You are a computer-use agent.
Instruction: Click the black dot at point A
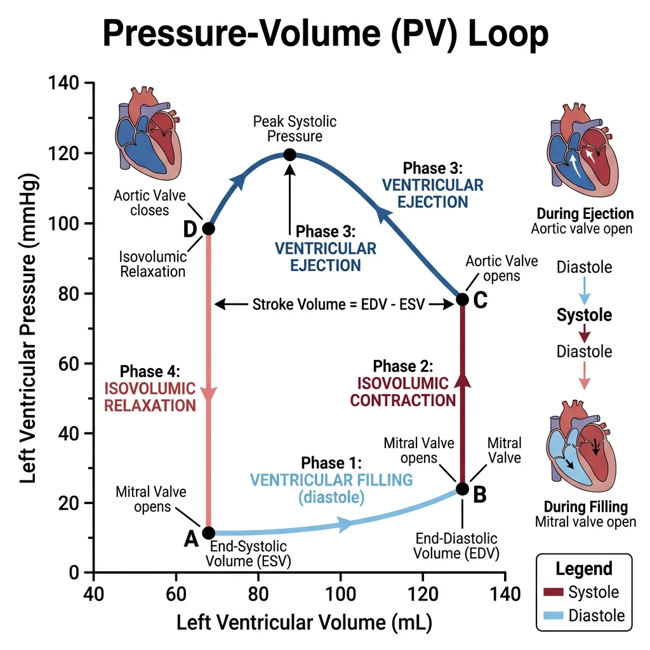208,533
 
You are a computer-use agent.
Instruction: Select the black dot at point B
462,489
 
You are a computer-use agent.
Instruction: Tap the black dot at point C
462,299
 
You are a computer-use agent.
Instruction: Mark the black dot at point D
208,229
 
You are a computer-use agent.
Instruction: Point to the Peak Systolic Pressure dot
289,154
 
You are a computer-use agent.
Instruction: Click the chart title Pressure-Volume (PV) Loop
325,36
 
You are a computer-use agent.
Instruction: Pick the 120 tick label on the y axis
63,154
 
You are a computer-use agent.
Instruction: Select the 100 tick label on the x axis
341,594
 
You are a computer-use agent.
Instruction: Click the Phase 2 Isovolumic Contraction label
403,383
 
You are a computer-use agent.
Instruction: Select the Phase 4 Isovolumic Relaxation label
150,388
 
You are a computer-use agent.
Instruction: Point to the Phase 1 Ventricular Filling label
331,480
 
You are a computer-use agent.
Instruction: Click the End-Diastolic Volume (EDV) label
456,546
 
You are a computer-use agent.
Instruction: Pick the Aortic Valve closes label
150,202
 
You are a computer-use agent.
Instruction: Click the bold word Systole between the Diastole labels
584,315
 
